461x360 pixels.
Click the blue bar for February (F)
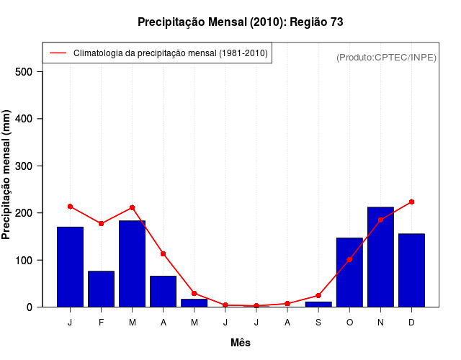coord(101,289)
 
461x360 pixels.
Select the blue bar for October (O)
coord(349,272)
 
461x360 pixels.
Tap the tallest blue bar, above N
coord(380,256)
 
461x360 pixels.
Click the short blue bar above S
coord(318,304)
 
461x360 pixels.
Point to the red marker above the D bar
coord(411,202)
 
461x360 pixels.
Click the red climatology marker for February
coord(101,223)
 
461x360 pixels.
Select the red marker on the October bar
coord(349,259)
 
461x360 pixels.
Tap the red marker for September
coord(318,295)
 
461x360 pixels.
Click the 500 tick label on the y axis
coord(24,72)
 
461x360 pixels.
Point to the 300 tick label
coord(24,166)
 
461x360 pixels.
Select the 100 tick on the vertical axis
coord(24,260)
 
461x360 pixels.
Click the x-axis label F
coord(101,323)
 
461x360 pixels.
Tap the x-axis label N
coord(380,323)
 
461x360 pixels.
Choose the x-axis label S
coord(318,323)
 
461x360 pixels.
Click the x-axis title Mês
coord(241,343)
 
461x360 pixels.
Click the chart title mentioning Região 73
coord(241,22)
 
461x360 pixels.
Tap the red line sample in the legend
coord(58,53)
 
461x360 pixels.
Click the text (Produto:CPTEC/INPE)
coord(387,57)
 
